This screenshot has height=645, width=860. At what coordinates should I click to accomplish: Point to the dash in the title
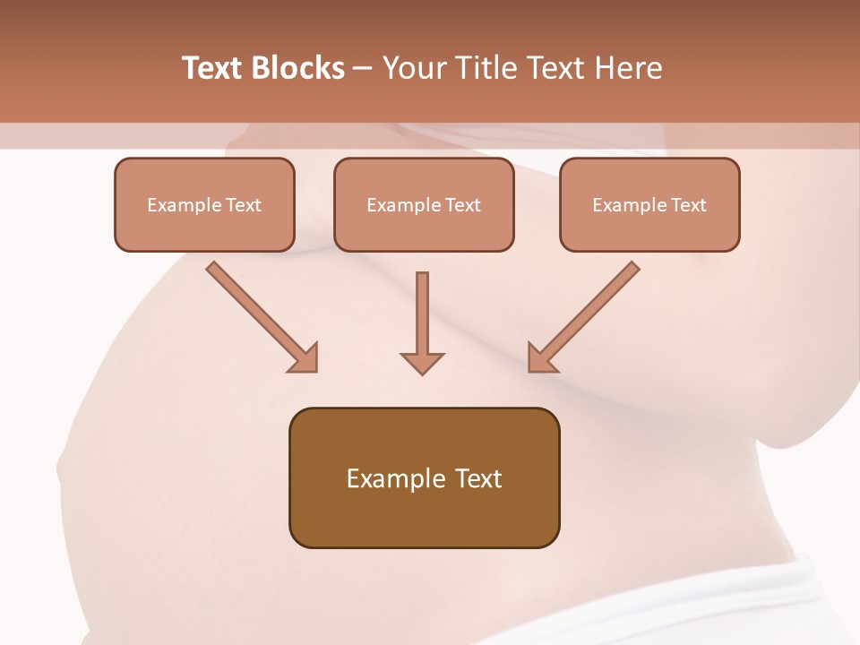click(363, 68)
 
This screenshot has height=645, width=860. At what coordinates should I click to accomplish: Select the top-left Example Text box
click(204, 204)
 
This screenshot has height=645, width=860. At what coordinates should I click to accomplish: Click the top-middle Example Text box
click(424, 204)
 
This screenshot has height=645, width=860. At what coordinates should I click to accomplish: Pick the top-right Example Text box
click(649, 204)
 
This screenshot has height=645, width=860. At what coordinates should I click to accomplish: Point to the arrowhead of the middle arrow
click(422, 362)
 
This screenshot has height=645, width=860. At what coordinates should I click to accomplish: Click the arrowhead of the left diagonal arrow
click(305, 358)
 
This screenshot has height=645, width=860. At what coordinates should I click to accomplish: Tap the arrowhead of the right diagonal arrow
click(541, 357)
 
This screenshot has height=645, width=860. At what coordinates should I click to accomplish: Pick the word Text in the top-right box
click(688, 204)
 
